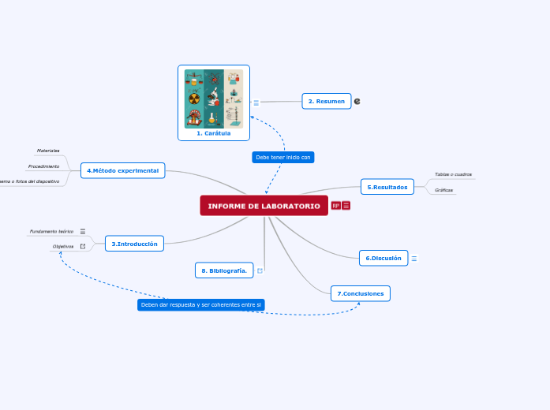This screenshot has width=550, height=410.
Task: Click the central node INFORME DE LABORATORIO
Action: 264,206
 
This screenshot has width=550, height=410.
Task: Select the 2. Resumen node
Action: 326,101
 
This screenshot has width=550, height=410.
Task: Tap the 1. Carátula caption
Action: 214,133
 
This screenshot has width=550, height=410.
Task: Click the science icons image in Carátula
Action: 214,99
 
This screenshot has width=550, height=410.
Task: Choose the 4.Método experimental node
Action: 122,170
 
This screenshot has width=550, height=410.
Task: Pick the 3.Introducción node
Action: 134,244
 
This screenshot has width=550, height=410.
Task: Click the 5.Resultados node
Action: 387,187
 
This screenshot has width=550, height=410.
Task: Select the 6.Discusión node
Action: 383,258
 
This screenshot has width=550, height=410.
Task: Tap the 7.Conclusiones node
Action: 360,293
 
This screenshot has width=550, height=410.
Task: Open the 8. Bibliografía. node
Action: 224,270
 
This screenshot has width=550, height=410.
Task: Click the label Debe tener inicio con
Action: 284,157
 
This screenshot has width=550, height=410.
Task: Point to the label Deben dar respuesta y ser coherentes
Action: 200,304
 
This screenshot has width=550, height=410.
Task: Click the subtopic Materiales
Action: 48,150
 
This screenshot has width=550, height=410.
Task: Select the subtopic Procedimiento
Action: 43,166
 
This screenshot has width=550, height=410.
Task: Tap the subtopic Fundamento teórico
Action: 51,232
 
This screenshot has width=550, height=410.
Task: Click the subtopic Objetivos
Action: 63,246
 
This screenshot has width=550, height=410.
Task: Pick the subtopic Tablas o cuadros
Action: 453,174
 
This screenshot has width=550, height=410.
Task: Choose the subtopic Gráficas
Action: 444,190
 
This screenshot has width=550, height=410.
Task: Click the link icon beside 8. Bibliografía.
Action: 260,270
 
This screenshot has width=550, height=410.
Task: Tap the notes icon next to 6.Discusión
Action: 414,259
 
